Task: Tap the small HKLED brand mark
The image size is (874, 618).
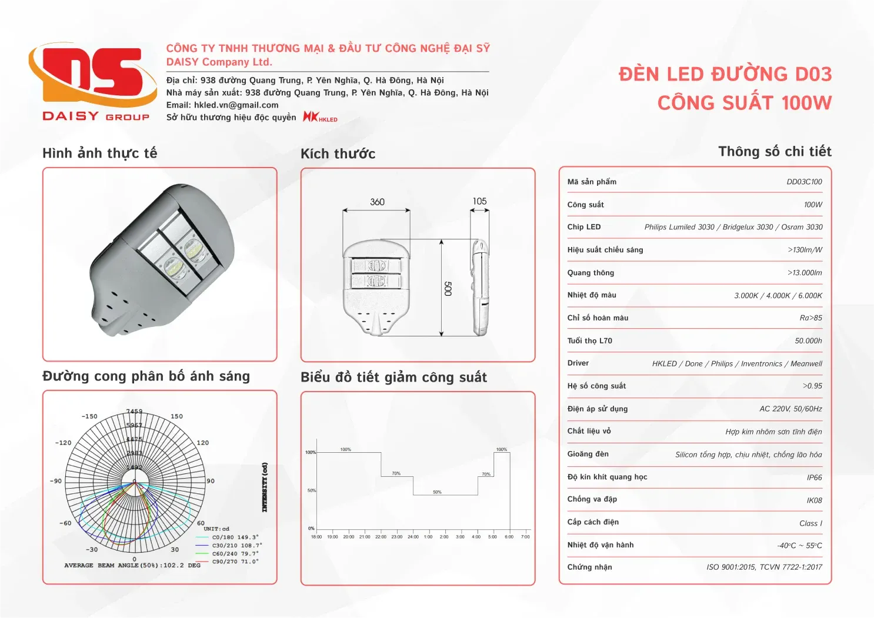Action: point(320,117)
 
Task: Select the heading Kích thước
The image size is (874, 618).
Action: point(338,154)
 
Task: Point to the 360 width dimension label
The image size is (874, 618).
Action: point(377,202)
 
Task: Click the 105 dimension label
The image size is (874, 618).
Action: point(479,202)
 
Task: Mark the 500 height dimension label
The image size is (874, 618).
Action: point(448,288)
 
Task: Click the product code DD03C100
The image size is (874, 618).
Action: point(804,182)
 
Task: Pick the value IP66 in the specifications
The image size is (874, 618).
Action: point(814,477)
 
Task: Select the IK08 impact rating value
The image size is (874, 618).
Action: point(814,500)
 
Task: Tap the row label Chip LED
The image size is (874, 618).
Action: point(584,227)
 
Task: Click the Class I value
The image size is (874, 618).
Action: point(810,523)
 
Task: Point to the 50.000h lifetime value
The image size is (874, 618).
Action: point(808,341)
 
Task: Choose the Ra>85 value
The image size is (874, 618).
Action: point(810,318)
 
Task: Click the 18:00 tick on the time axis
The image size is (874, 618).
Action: point(316,537)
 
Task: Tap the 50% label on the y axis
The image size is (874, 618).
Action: point(312,490)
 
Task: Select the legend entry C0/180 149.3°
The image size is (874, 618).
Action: point(235,537)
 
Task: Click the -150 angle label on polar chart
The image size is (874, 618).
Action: point(89,416)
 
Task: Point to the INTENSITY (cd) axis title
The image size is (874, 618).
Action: point(265,487)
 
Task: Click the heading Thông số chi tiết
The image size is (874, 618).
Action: point(775,152)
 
